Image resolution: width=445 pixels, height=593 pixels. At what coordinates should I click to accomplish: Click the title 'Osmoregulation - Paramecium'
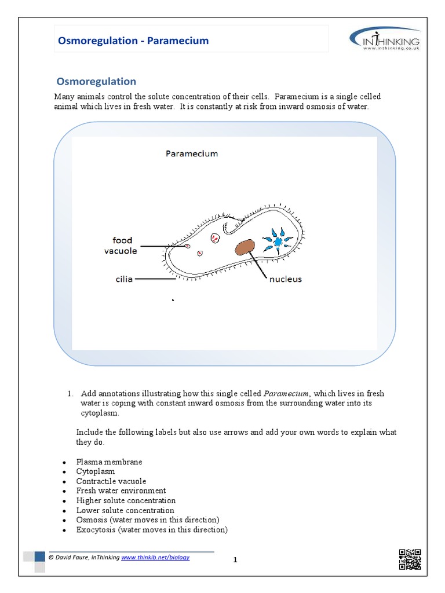(133, 41)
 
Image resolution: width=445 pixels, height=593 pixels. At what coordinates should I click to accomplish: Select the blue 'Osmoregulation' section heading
(96, 82)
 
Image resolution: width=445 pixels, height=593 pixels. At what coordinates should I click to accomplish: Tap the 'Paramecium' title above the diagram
(192, 153)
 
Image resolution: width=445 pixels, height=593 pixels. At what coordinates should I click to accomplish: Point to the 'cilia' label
(123, 279)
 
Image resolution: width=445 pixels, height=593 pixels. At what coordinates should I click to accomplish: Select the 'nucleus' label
(285, 279)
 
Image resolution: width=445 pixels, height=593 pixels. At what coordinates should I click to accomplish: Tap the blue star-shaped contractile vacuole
(279, 240)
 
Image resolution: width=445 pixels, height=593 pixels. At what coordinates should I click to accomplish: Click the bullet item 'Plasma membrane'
(109, 462)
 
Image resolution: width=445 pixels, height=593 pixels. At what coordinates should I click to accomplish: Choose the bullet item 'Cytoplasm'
(96, 471)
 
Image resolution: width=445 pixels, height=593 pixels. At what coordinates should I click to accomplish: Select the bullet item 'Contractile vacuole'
(111, 481)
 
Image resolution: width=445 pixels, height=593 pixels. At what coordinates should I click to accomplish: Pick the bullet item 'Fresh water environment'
(121, 490)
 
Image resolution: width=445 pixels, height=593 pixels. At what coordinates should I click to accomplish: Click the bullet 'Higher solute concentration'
(126, 500)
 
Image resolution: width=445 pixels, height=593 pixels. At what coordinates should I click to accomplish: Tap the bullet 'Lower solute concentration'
(125, 510)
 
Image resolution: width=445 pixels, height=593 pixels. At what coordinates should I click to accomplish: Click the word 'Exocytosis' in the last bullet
(94, 530)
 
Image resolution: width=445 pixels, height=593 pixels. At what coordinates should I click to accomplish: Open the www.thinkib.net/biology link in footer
(155, 557)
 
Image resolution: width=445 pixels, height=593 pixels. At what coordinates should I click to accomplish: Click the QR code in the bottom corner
(410, 559)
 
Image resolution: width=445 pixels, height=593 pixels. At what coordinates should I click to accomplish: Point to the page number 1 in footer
(236, 560)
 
